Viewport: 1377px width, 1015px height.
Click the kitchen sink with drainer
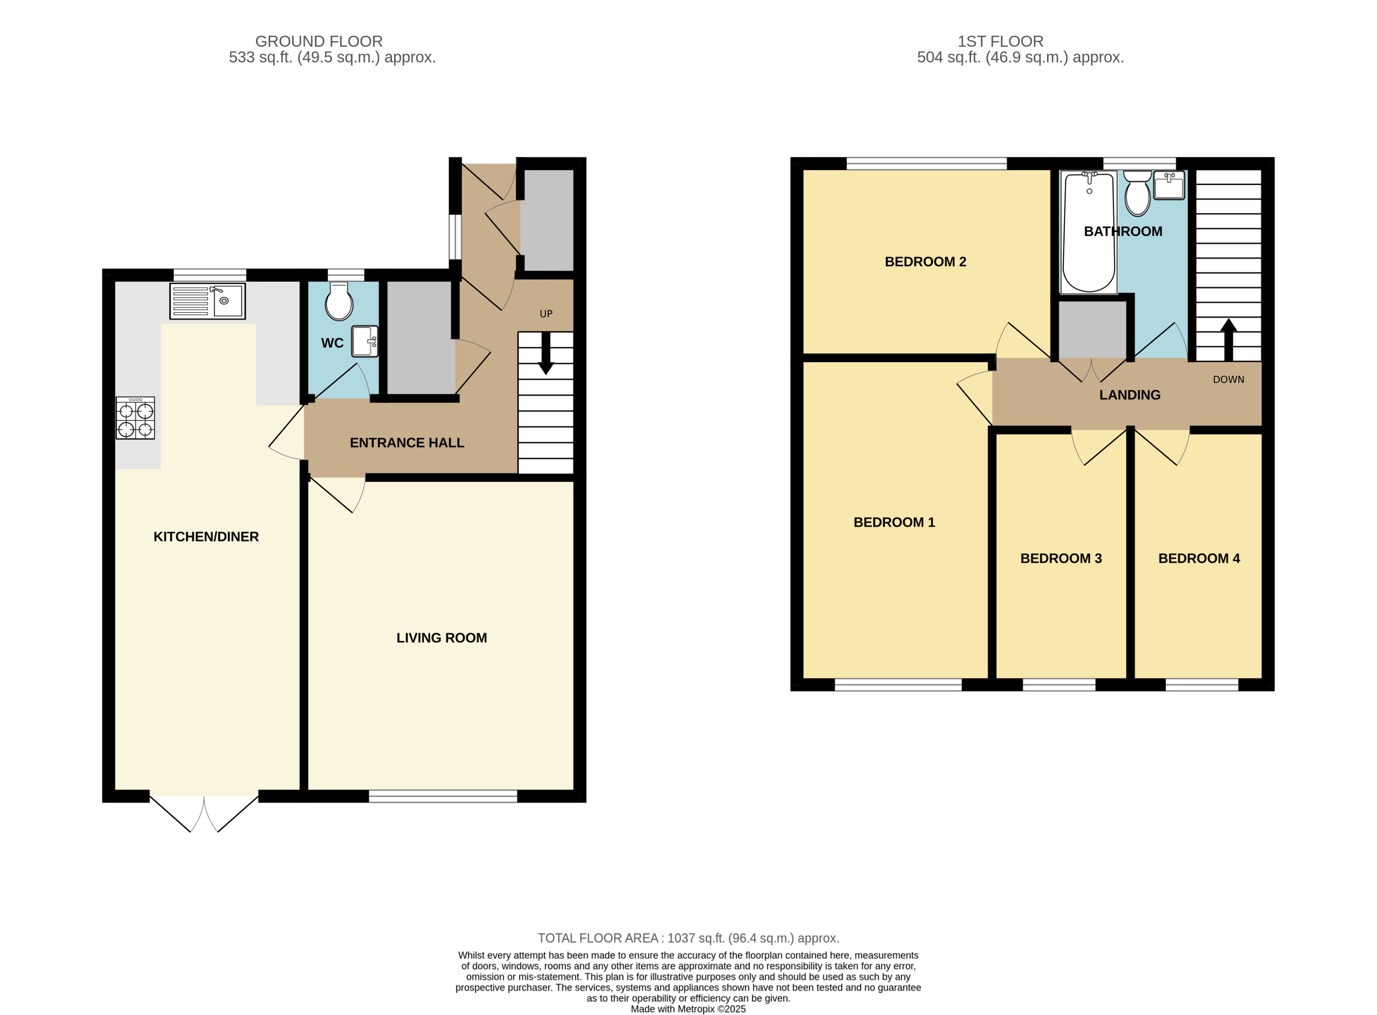pos(207,301)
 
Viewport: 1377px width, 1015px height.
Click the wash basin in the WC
pos(364,342)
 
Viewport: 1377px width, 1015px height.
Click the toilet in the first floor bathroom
pos(1137,194)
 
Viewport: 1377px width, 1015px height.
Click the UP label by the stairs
pos(545,314)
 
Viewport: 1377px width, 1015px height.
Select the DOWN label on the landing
pos(1228,380)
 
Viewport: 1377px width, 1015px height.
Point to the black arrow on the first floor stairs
pos(1228,339)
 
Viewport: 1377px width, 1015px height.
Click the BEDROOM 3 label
pos(1061,559)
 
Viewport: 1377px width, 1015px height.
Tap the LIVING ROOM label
pos(441,638)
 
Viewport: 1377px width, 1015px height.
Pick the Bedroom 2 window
pos(926,164)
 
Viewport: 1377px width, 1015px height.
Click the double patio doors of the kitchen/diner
pos(204,811)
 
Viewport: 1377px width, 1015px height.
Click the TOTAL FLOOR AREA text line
pos(688,938)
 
